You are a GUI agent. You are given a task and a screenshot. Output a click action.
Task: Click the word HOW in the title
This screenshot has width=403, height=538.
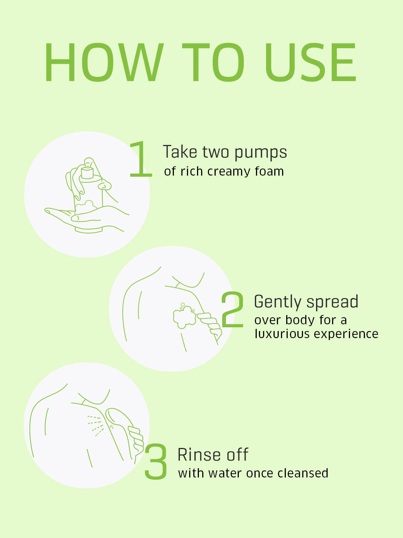(104, 62)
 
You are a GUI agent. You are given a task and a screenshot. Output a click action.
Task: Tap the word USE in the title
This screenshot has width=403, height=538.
(310, 62)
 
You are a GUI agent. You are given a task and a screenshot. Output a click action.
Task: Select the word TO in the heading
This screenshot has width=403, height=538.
(213, 62)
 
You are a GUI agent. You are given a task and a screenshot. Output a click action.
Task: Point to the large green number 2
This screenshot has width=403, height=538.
(232, 309)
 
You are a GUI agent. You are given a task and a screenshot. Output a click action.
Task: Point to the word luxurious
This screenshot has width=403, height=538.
(282, 334)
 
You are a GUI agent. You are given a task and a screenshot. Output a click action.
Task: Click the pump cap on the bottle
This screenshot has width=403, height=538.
(87, 173)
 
